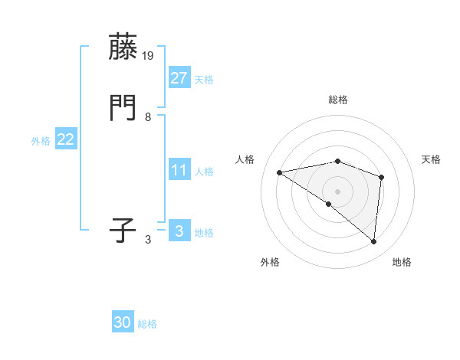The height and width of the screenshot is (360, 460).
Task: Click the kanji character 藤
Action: click(x=124, y=47)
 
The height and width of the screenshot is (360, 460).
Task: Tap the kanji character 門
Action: click(x=124, y=109)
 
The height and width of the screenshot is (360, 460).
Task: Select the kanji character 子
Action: click(x=124, y=231)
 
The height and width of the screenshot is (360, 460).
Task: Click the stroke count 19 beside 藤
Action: click(x=149, y=56)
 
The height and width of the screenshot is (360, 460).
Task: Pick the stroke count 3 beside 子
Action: click(x=148, y=240)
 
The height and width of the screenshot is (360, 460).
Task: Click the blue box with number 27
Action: click(x=179, y=77)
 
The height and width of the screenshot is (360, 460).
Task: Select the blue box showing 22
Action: click(x=65, y=139)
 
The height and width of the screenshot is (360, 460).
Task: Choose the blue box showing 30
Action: click(x=123, y=322)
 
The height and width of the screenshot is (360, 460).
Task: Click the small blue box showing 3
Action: click(x=179, y=231)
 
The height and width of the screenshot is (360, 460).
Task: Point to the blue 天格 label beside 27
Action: click(x=203, y=80)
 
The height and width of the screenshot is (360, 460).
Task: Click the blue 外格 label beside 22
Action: click(x=41, y=141)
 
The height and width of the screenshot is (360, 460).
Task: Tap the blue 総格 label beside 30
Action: click(x=147, y=324)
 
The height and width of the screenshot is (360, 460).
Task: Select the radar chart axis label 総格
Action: click(x=338, y=100)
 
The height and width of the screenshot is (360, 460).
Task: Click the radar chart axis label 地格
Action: click(x=402, y=262)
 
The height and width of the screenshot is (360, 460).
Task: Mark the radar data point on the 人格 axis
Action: click(x=280, y=172)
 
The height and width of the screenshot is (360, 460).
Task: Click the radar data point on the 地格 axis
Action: click(x=373, y=242)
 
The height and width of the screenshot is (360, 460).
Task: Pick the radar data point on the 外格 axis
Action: click(x=329, y=204)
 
